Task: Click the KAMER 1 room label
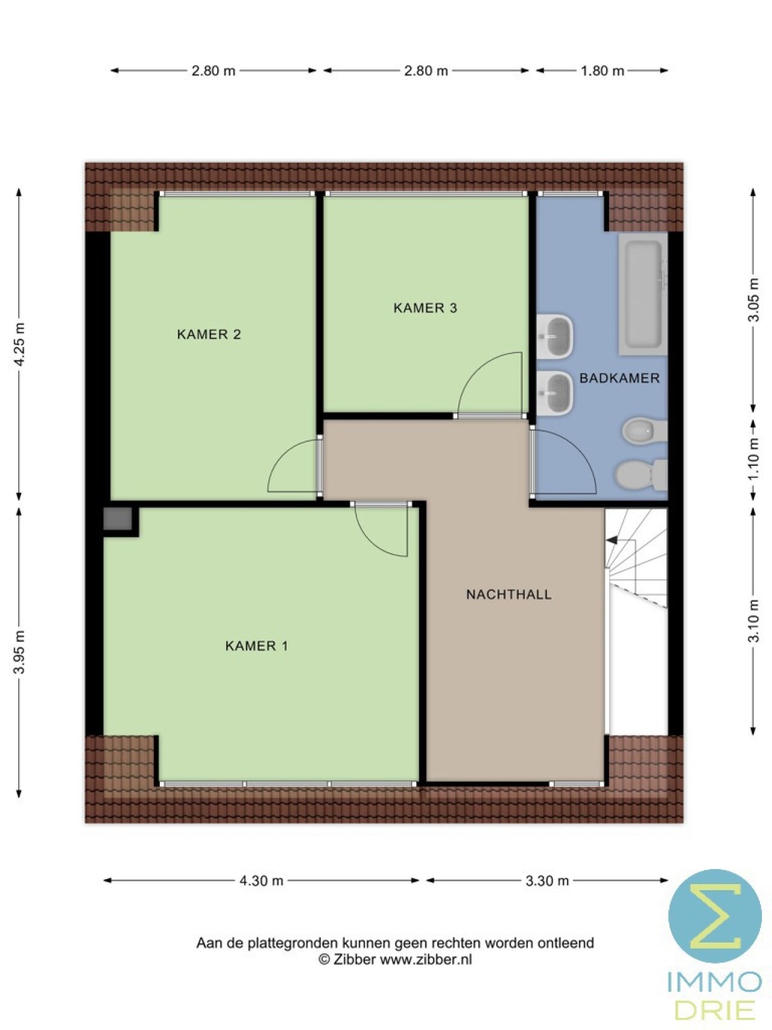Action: [x=256, y=646]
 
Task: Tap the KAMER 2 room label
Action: [x=209, y=334]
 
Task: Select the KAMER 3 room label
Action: [x=425, y=308]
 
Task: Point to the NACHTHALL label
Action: [x=509, y=594]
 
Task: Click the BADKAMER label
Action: [x=619, y=378]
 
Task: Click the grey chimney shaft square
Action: [x=118, y=519]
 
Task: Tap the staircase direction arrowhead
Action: [x=612, y=541]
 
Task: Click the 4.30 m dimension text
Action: [x=261, y=880]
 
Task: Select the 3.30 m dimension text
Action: [x=547, y=880]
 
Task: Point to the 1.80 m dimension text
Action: [x=602, y=71]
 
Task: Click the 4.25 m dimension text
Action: [x=20, y=344]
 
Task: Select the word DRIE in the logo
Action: [x=715, y=1010]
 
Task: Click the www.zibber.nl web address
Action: [x=426, y=959]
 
